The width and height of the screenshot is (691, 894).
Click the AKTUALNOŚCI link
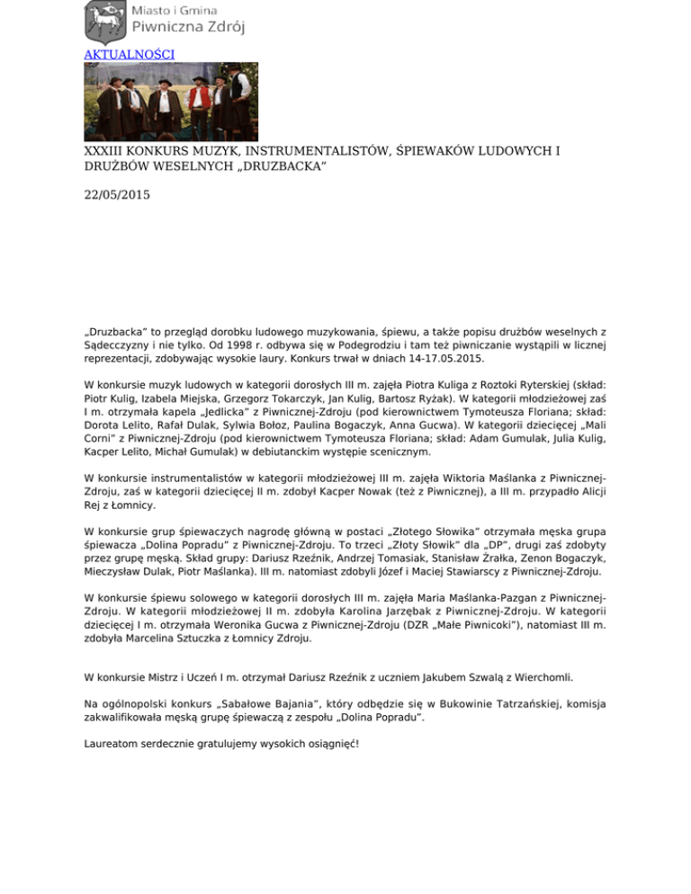pyautogui.click(x=129, y=54)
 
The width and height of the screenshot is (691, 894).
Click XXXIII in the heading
pyautogui.click(x=106, y=150)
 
